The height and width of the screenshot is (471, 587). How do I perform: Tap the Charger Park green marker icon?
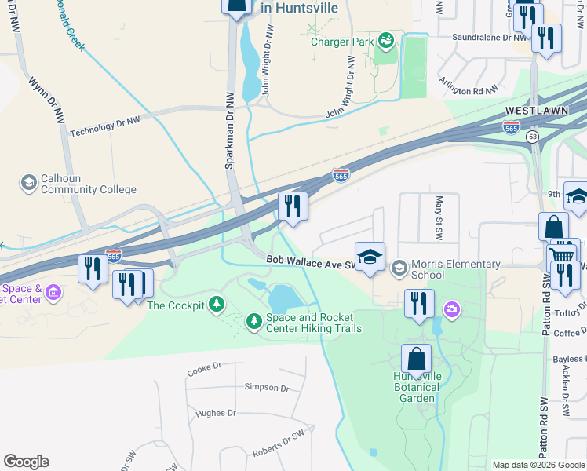[385, 40]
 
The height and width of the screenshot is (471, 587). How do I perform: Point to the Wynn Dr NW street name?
[46, 100]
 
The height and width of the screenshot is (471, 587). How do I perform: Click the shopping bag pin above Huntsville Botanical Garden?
[416, 359]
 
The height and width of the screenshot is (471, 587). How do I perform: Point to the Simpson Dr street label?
[267, 388]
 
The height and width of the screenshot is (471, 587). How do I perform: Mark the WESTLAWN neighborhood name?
[536, 111]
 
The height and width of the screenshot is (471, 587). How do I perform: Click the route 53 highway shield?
[533, 137]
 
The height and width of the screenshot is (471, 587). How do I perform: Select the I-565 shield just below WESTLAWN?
[511, 127]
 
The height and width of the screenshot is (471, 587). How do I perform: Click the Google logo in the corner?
[26, 462]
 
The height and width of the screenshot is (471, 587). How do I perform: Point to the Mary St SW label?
[440, 217]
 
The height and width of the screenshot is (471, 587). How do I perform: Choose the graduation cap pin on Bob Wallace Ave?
[370, 257]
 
